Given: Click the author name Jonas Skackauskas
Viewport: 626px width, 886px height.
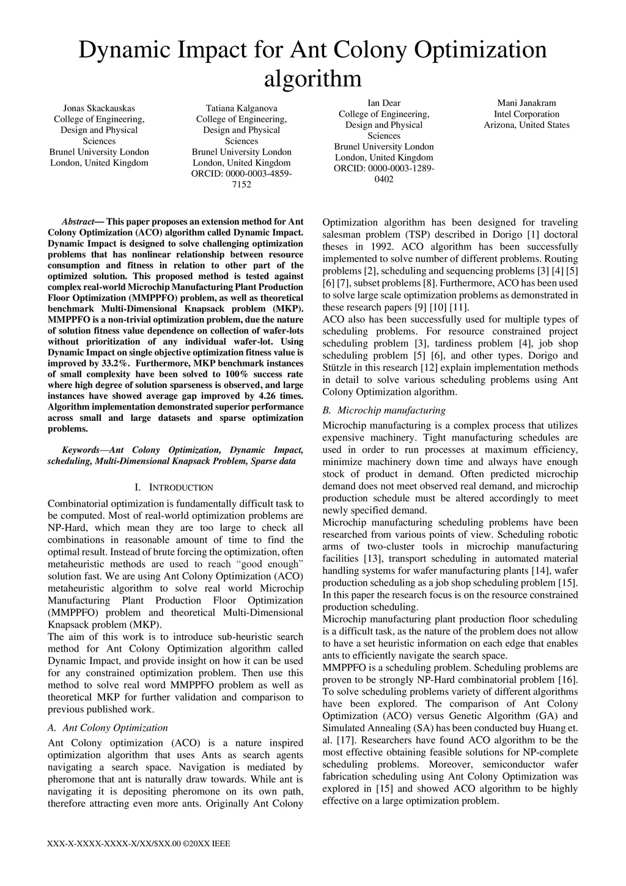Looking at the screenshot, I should (99, 108).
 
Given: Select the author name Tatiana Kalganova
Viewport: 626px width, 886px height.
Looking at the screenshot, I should (241, 108).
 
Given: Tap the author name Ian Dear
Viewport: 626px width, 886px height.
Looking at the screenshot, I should (384, 103).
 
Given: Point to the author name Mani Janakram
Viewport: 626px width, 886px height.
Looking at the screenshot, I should (526, 103).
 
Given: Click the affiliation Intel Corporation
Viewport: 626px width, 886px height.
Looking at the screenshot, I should (526, 114).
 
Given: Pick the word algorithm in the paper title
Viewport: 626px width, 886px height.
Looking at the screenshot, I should (312, 79).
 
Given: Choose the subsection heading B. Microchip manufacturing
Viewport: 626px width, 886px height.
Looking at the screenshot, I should (384, 410).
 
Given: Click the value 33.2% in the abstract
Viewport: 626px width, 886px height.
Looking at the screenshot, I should (116, 363).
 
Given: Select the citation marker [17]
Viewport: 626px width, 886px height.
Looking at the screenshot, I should (348, 740).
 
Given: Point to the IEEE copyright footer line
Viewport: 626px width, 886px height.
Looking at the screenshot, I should (139, 844).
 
